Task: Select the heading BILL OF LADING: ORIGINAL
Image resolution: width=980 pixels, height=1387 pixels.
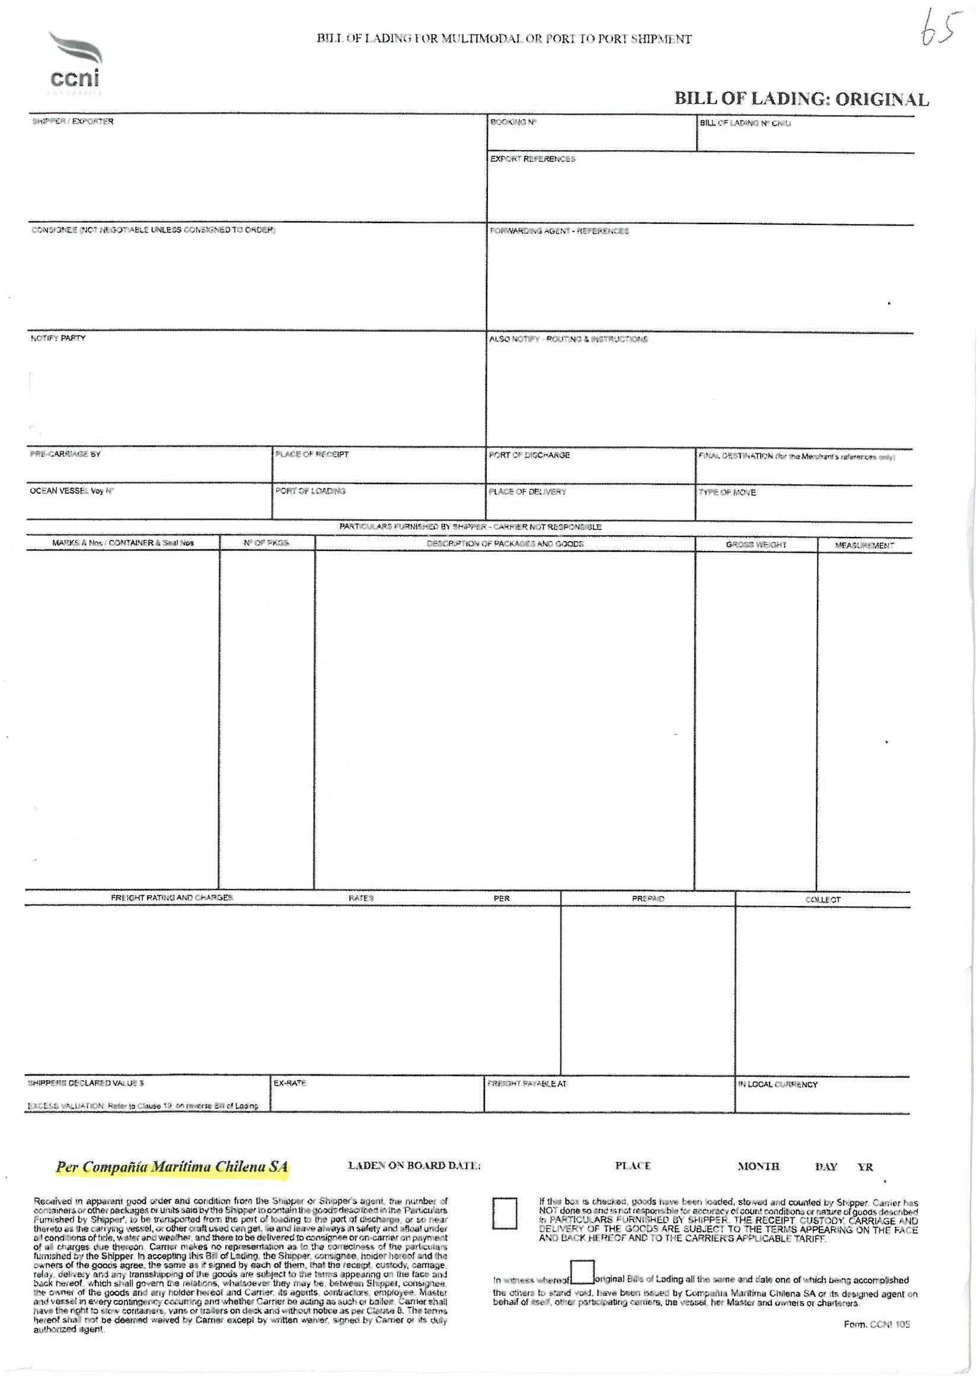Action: [801, 99]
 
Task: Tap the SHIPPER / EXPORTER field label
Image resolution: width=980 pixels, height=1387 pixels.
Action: [72, 122]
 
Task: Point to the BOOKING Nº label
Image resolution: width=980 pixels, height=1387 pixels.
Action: [513, 122]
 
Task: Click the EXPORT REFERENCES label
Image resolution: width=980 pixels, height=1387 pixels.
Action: [532, 159]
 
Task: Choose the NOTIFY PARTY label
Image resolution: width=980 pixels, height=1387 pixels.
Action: [58, 338]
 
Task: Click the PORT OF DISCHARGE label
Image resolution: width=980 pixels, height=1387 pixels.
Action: [529, 455]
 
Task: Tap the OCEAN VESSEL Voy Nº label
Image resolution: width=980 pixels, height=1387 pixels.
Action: [72, 491]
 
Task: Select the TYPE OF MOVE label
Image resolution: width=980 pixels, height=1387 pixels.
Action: [727, 492]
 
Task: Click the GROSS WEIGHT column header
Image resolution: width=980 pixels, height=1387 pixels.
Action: [755, 545]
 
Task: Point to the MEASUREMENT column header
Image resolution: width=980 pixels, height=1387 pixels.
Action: [863, 546]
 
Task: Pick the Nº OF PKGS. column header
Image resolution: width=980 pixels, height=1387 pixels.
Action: [266, 543]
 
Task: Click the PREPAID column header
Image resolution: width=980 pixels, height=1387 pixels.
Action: [647, 899]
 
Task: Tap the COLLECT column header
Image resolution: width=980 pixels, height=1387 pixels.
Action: [822, 899]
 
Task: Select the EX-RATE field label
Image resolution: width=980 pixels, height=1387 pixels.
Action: [290, 1083]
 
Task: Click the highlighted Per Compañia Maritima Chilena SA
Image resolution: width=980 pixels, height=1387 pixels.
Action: [172, 1166]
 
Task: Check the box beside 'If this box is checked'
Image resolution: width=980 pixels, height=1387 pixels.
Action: [504, 1213]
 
